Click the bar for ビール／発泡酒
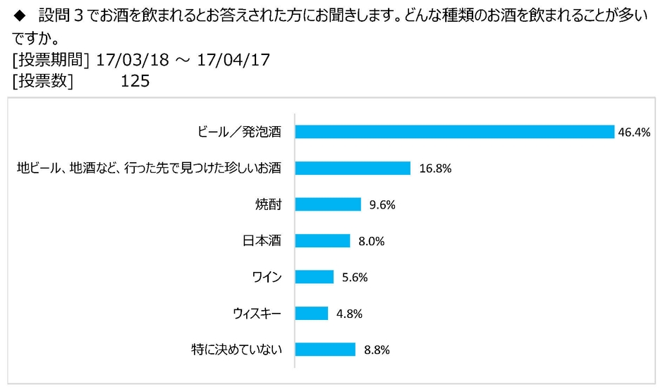coord(454,132)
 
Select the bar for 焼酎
coord(328,204)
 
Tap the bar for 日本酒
coord(322,240)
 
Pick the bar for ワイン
coord(314,277)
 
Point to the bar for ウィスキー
coord(311,313)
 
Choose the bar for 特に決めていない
coord(325,349)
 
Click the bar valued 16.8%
coord(353,168)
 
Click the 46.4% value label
coord(634,132)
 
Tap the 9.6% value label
coord(382,204)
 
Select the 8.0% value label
coord(371,240)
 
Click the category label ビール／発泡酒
coord(239,132)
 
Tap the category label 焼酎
coord(268,204)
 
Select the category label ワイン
coord(267,277)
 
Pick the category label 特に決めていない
coord(236,349)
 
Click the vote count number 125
coord(135,81)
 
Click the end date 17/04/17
coord(234,61)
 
